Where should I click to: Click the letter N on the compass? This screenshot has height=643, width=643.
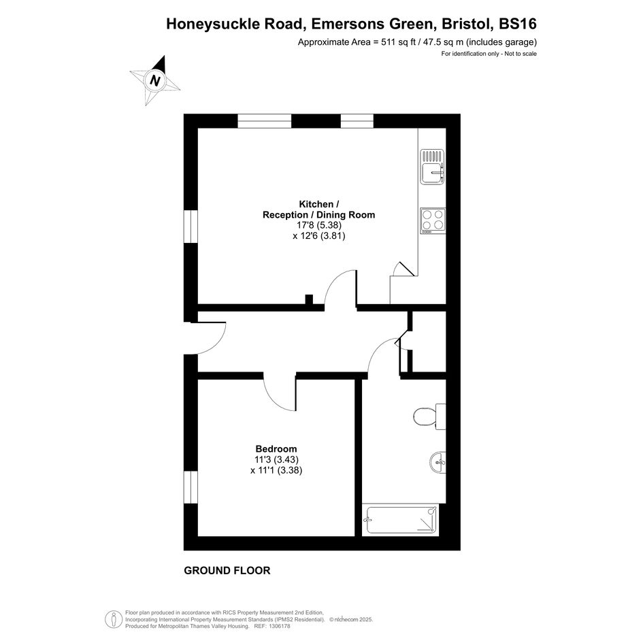pos(154,80)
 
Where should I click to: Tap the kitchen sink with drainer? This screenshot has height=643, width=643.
pos(432,167)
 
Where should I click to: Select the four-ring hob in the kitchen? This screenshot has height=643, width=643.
pos(433,221)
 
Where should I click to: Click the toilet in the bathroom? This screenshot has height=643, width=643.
pos(429,416)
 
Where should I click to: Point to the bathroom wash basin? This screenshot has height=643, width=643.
pos(438,463)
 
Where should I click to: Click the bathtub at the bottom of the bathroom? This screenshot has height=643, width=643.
pos(400,519)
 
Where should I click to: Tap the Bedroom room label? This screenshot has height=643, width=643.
pos(276,449)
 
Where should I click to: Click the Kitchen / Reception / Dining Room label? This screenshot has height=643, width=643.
pos(318,209)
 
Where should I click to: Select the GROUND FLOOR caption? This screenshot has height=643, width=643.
pos(227,570)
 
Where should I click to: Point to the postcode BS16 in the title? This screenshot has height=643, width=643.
pos(518,24)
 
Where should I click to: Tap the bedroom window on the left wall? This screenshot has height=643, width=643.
pos(191,487)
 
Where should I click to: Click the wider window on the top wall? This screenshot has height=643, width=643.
pos(265,121)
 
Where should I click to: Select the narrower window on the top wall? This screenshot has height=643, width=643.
pos(357,121)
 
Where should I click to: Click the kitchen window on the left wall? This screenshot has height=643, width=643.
pos(191,227)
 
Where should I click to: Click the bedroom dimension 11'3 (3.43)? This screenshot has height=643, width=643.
pos(276,460)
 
